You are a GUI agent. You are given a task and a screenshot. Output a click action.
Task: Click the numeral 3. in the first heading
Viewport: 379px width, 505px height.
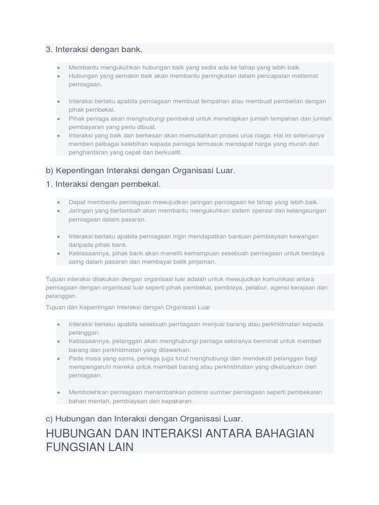point(49,49)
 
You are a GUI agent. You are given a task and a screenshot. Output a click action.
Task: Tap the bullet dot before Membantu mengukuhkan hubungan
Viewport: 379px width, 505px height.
point(59,68)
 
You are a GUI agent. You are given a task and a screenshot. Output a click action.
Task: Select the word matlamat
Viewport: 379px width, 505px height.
point(305,76)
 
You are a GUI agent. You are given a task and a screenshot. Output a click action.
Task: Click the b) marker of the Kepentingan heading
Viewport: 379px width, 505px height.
point(49,171)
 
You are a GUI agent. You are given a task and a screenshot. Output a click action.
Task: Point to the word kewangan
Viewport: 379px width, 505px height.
point(303,236)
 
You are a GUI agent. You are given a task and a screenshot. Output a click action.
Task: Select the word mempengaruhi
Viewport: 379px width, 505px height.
point(89,367)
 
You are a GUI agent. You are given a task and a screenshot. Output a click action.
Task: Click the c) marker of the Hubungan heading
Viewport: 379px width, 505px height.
point(49,419)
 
